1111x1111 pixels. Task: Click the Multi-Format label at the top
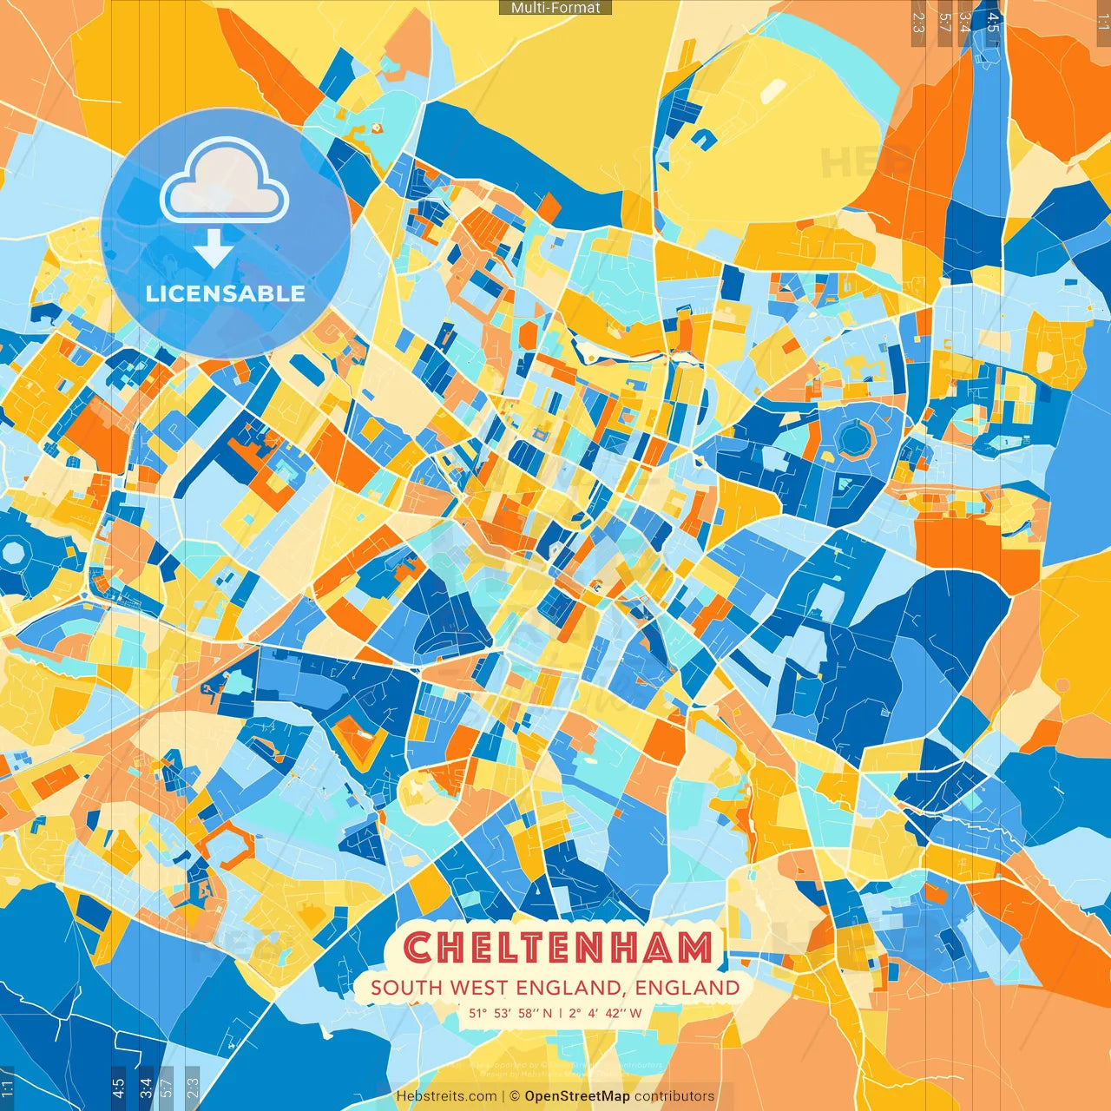[x=555, y=8]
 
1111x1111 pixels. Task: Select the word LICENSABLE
[x=226, y=293]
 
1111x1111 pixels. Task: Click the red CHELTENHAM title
[x=558, y=948]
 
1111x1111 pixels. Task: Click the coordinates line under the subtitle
[x=555, y=1013]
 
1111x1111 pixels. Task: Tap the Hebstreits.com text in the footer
[x=446, y=1096]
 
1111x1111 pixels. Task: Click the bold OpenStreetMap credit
[x=576, y=1096]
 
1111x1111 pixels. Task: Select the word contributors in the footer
[x=674, y=1096]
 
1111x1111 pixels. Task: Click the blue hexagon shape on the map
[x=855, y=439]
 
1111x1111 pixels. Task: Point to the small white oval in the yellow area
[x=773, y=89]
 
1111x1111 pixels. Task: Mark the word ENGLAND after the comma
[x=687, y=988]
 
